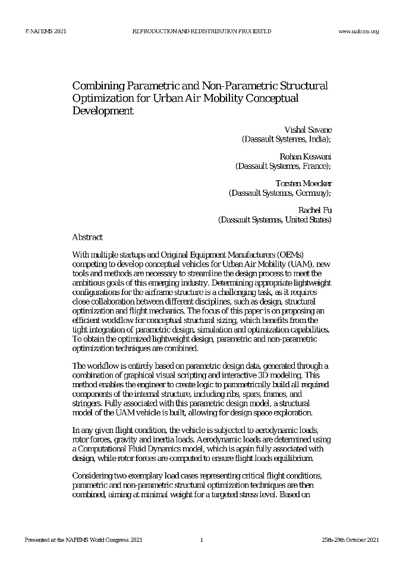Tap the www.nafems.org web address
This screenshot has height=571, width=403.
(x=358, y=31)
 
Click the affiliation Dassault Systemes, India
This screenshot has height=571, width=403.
(x=286, y=139)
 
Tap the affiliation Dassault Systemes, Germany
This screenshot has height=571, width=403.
(x=279, y=193)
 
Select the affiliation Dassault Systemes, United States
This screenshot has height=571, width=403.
(x=275, y=219)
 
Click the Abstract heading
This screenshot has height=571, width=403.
(x=87, y=237)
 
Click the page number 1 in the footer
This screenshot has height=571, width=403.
(x=201, y=540)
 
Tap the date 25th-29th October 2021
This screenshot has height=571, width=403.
(x=350, y=540)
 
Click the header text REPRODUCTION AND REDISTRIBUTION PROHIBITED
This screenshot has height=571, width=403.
(x=201, y=31)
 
